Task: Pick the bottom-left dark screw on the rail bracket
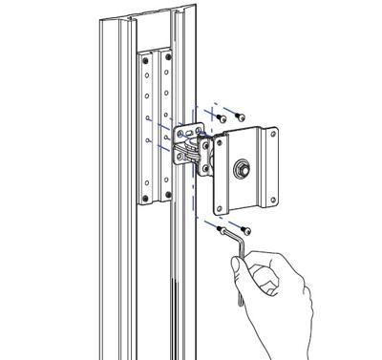tap(145, 198)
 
